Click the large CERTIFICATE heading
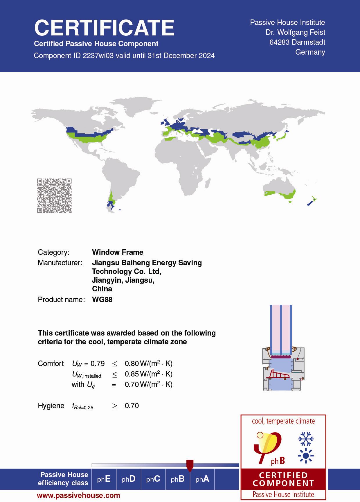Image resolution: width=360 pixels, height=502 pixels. click(104, 28)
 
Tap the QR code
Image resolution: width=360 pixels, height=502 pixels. click(54, 196)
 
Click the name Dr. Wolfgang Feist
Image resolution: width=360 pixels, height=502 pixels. click(295, 32)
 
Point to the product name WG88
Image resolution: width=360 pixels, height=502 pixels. click(102, 300)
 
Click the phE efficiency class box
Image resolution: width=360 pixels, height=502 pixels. click(104, 479)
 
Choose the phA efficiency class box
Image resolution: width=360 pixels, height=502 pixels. click(202, 479)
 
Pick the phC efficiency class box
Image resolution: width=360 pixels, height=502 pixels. click(153, 479)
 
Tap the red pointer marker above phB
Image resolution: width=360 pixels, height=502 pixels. click(190, 465)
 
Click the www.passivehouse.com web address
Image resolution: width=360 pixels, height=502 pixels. click(78, 495)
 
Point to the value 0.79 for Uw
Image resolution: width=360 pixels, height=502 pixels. click(98, 363)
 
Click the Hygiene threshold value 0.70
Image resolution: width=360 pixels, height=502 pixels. click(132, 406)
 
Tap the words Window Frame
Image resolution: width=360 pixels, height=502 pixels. click(118, 252)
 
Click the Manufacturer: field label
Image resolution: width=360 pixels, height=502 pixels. click(60, 263)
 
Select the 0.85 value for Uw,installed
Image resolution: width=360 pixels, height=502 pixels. click(132, 374)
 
